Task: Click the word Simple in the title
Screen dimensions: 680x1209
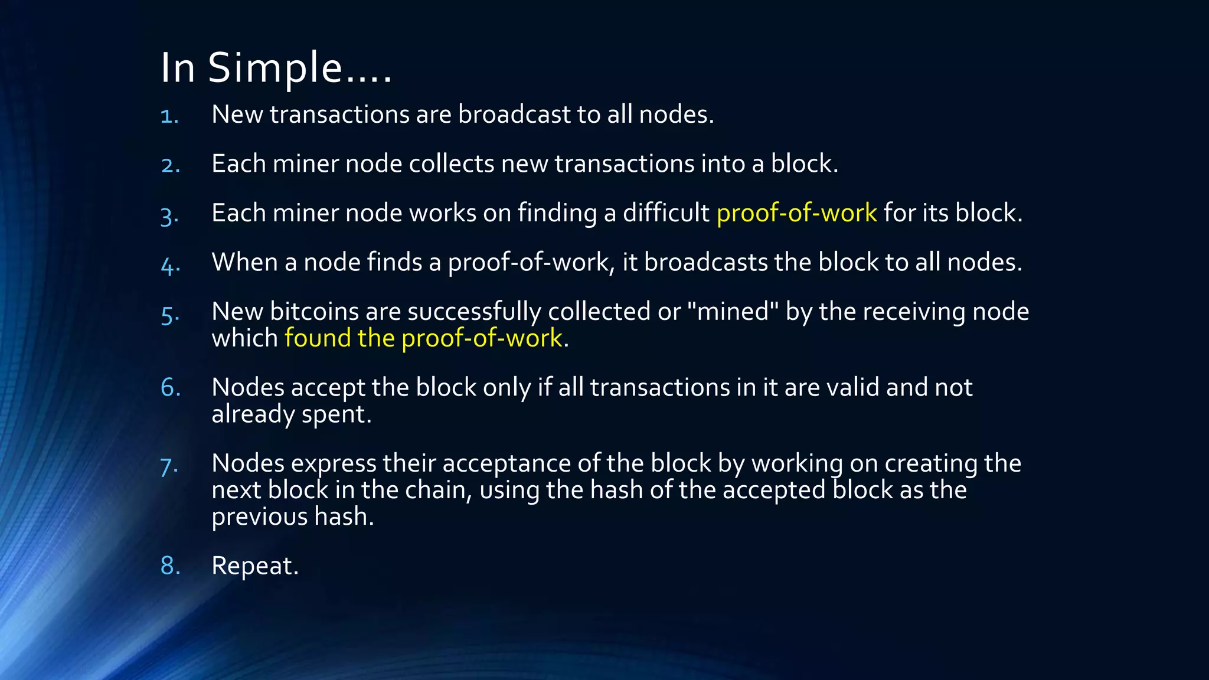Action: click(x=275, y=68)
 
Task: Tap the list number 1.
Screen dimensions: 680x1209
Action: click(x=169, y=115)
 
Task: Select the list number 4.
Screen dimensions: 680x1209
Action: click(x=170, y=264)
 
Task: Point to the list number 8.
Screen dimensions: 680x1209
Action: click(x=170, y=565)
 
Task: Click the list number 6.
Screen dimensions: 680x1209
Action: click(x=170, y=387)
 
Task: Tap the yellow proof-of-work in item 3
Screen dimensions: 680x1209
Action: click(x=796, y=212)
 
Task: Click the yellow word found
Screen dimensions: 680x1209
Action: click(x=318, y=338)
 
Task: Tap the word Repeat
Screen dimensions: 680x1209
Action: click(x=254, y=566)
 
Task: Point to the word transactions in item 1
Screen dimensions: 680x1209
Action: click(x=339, y=115)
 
